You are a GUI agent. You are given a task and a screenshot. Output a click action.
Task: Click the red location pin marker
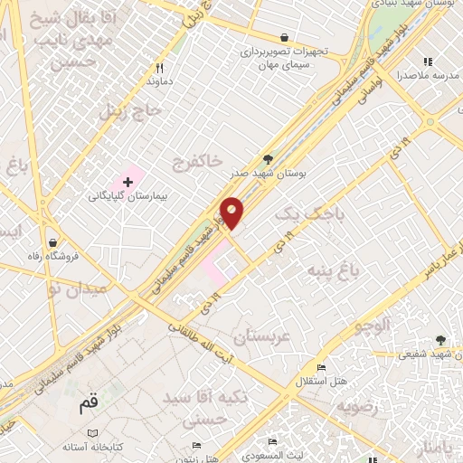coord(232,213)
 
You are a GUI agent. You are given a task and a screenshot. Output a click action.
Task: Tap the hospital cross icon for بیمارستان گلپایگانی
coord(128,182)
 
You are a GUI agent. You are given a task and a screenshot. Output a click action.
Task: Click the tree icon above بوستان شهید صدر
coord(267,158)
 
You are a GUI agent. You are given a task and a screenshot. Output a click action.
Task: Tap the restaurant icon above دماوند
coord(160,67)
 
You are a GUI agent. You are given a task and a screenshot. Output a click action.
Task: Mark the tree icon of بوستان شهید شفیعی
coord(440,340)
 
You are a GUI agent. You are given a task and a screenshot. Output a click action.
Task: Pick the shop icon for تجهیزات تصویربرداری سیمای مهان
coord(285,38)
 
